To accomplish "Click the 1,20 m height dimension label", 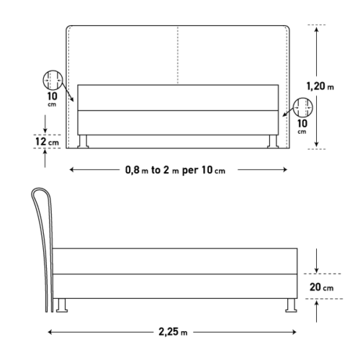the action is coord(320,86).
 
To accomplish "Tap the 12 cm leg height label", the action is coord(47,142).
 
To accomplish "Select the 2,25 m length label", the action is coord(173,332).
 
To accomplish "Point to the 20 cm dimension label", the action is coord(321,287).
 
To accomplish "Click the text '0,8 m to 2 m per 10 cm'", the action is coord(175,170).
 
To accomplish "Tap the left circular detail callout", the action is coord(53,80).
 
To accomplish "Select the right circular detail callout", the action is coord(303,107).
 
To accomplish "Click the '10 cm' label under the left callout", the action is coord(53,99).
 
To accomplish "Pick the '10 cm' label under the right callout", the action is coord(302,126).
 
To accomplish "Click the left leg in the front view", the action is coord(83,141).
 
